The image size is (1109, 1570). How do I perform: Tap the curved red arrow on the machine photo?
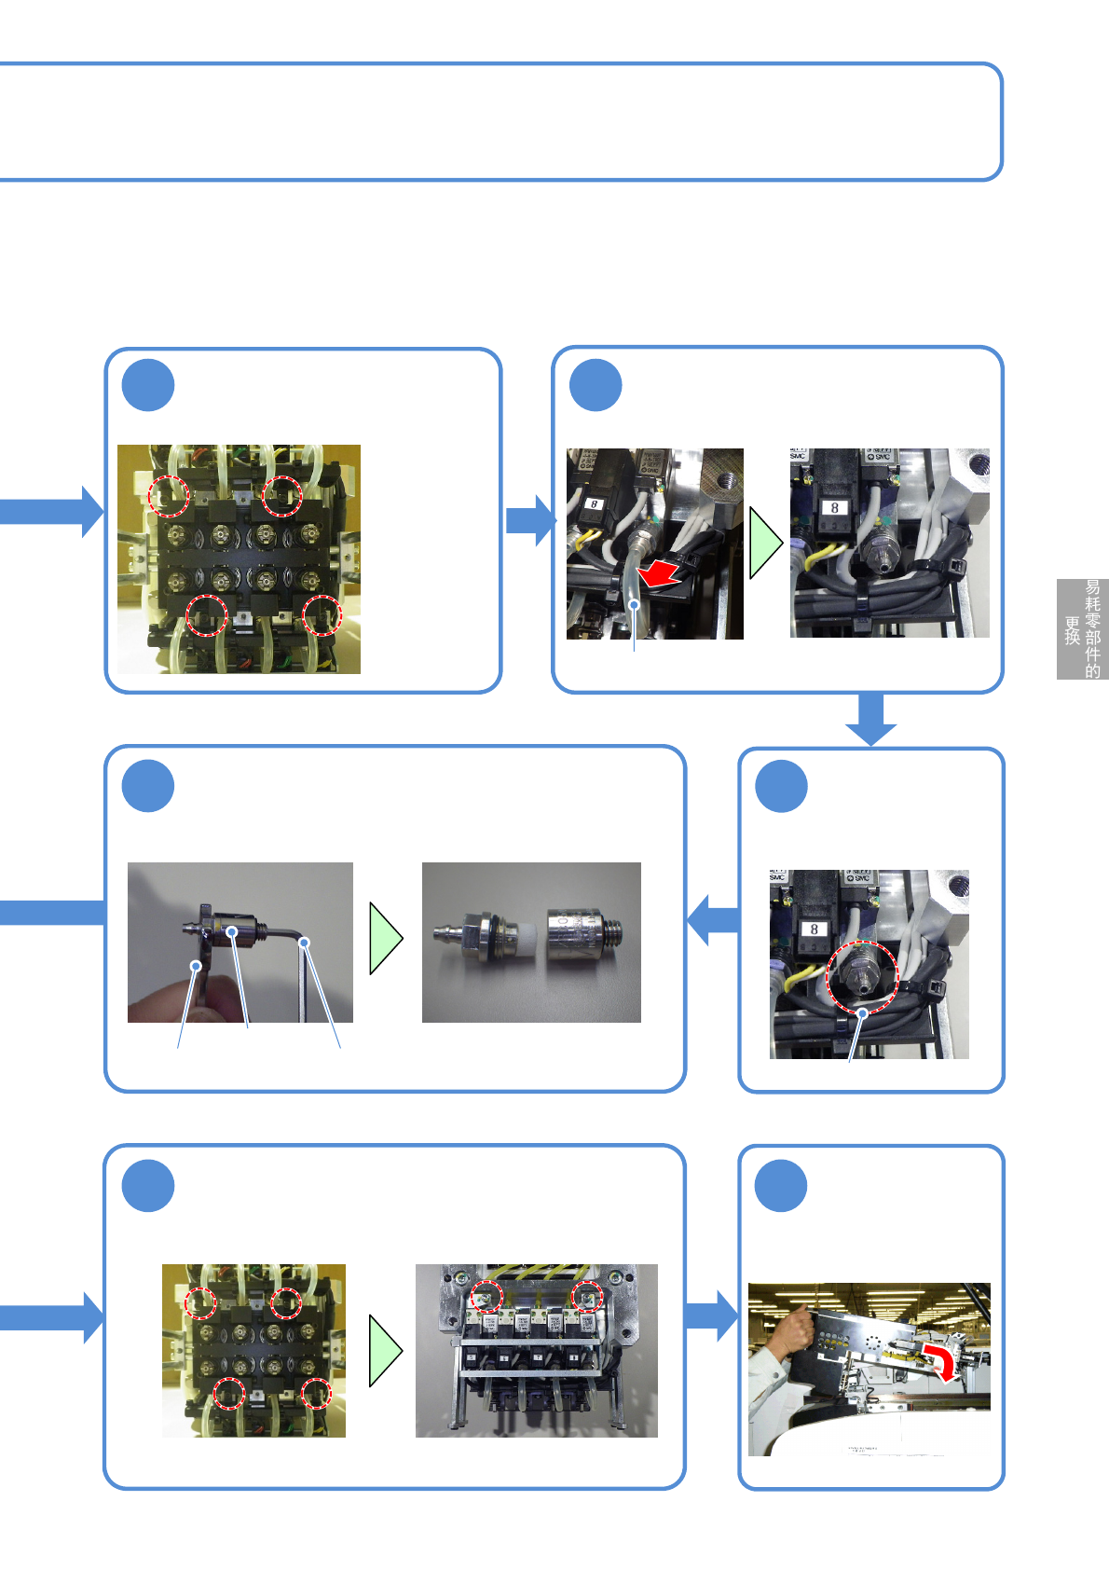[941, 1361]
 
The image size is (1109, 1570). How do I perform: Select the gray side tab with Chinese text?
[1082, 629]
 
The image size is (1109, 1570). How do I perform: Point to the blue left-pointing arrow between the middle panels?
[713, 919]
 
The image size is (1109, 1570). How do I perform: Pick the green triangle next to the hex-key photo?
[385, 939]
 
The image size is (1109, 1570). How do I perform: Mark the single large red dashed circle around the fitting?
[862, 976]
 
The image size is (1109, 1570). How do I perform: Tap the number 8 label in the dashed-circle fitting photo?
[815, 930]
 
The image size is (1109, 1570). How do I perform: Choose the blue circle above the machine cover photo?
[781, 1186]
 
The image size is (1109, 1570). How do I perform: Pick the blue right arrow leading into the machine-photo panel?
[711, 1315]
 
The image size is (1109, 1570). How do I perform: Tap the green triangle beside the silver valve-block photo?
[385, 1350]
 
